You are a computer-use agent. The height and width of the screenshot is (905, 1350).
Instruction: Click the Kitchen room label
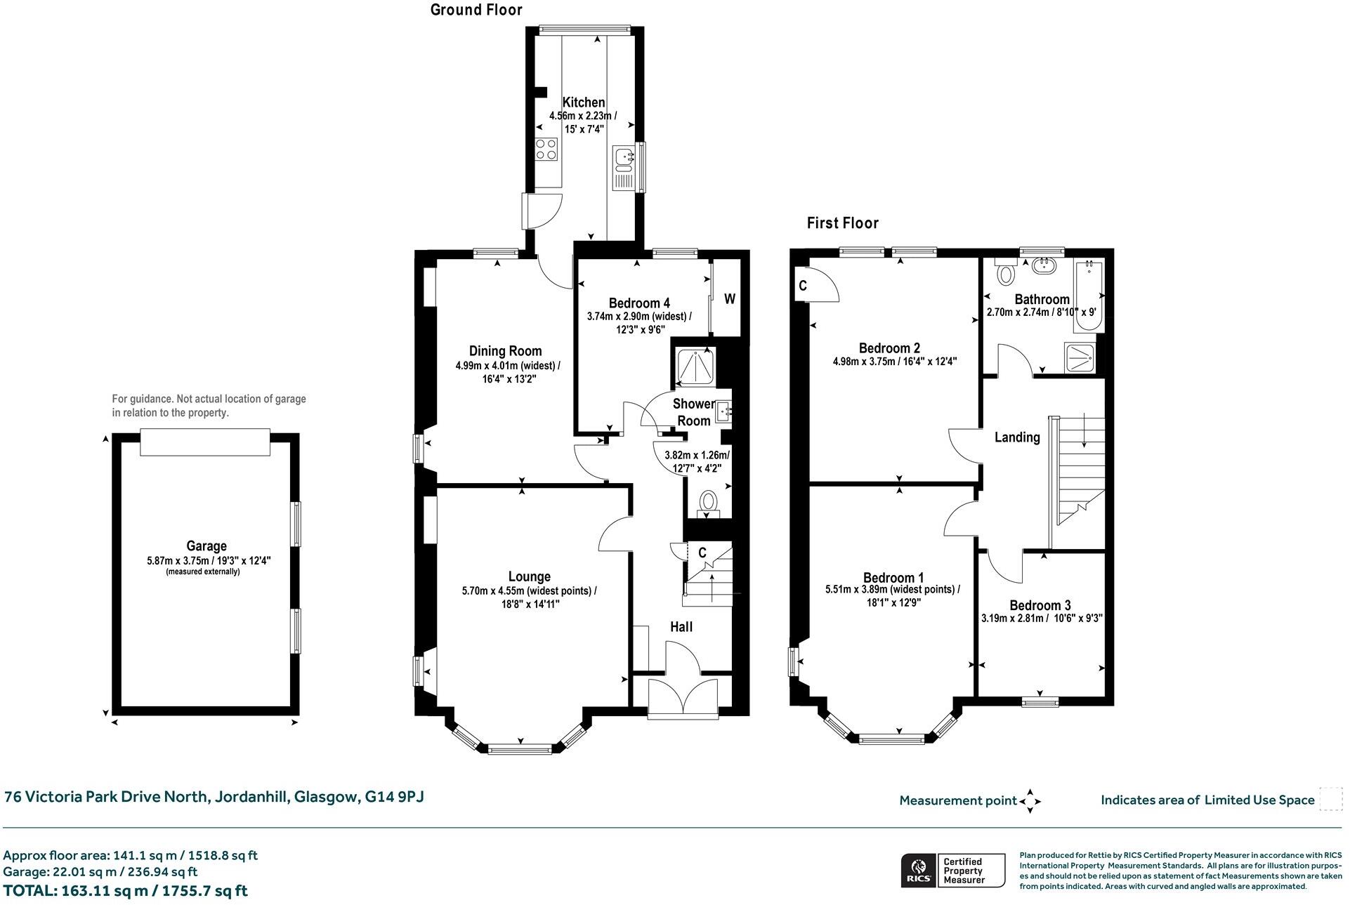click(x=583, y=103)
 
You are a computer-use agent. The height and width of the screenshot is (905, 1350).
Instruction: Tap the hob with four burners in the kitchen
click(x=546, y=148)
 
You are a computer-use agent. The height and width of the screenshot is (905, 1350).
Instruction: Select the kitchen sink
click(x=623, y=159)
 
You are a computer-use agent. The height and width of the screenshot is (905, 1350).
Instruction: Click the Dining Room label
click(x=505, y=351)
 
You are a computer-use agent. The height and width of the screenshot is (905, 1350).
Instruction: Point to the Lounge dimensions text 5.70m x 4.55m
click(x=529, y=591)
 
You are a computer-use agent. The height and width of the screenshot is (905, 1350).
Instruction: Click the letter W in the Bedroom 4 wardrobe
click(x=730, y=299)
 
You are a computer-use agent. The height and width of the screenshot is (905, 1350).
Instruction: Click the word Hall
click(x=681, y=626)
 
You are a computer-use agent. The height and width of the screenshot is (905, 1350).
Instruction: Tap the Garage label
click(x=207, y=546)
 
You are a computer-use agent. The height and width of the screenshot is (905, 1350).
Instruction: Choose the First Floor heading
click(x=842, y=223)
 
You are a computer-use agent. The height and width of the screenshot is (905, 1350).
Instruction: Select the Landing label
click(x=1016, y=437)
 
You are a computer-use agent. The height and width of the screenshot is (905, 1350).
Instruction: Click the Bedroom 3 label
click(x=1040, y=605)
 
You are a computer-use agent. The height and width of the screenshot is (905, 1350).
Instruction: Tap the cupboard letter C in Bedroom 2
click(x=803, y=286)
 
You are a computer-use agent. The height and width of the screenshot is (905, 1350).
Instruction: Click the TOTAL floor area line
click(x=126, y=891)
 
